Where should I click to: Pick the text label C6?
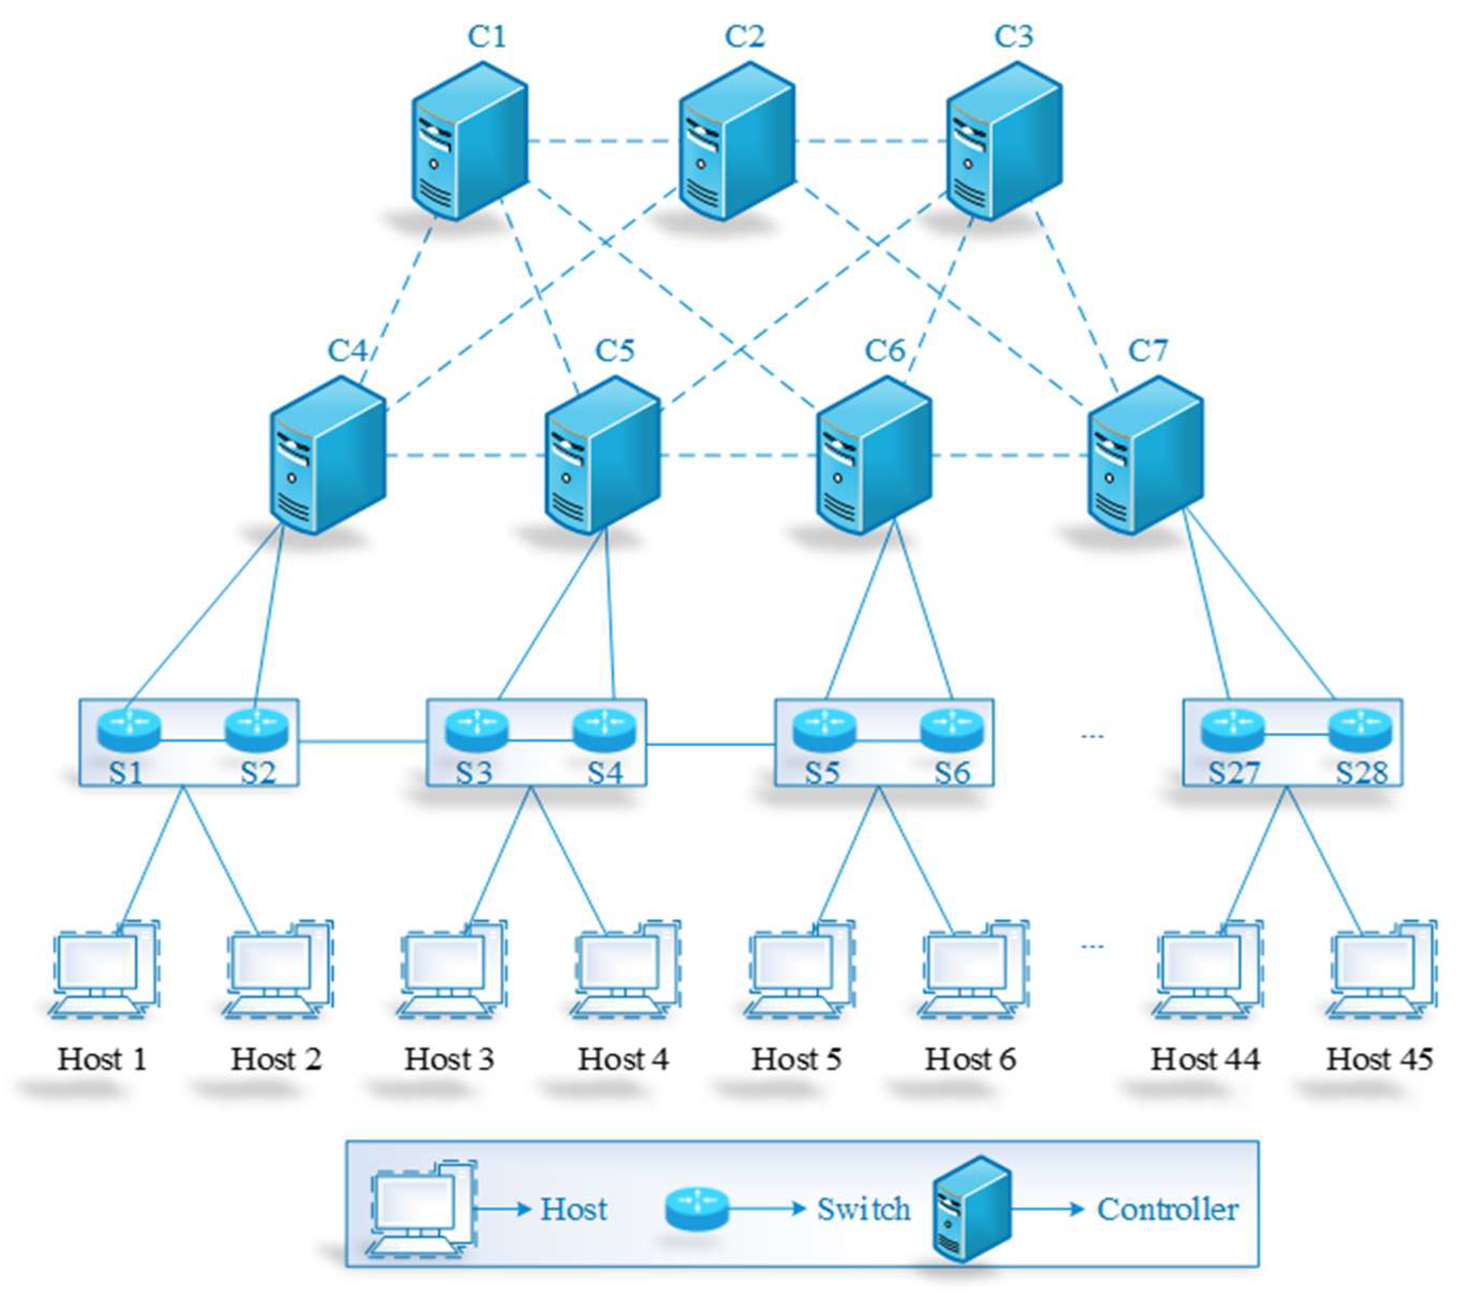click(885, 351)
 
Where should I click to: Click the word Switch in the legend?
click(863, 1209)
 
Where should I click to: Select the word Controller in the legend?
click(1167, 1209)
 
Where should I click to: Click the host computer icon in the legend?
click(421, 1209)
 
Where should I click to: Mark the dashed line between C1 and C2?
click(603, 141)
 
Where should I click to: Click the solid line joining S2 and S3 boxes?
click(362, 743)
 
